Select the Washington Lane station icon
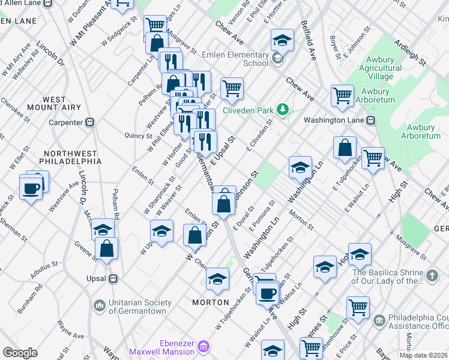point(372,120)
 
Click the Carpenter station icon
point(90,122)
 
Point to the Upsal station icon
point(112,279)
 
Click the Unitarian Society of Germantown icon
point(100,306)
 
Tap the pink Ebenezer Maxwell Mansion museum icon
point(203,346)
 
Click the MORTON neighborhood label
point(210,302)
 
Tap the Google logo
point(20,353)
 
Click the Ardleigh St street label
point(410,53)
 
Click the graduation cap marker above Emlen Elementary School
point(282,40)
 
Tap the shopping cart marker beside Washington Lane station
point(342,95)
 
